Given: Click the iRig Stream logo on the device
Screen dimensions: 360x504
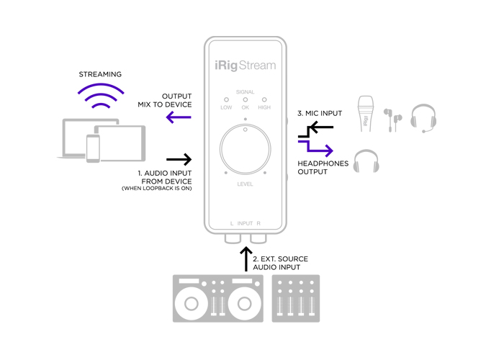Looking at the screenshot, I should pyautogui.click(x=245, y=66).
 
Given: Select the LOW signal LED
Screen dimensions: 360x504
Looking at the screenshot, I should pyautogui.click(x=226, y=99).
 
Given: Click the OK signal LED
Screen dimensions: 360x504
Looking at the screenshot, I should pyautogui.click(x=245, y=99).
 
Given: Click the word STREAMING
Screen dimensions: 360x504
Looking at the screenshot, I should pyautogui.click(x=100, y=74).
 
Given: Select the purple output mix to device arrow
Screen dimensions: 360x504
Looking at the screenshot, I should pyautogui.click(x=179, y=117).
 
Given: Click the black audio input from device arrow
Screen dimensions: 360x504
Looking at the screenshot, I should pyautogui.click(x=179, y=158).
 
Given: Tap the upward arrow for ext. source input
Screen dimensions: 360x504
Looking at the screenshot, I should pyautogui.click(x=245, y=260).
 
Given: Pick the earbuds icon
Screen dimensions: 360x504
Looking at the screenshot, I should pyautogui.click(x=392, y=117).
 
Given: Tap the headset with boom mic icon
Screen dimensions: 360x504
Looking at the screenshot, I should pyautogui.click(x=424, y=117).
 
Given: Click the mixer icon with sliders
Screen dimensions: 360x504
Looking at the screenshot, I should pyautogui.click(x=294, y=297).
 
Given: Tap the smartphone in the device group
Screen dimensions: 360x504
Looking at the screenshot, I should pyautogui.click(x=93, y=148).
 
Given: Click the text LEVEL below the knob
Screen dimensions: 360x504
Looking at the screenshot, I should pyautogui.click(x=245, y=185).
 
